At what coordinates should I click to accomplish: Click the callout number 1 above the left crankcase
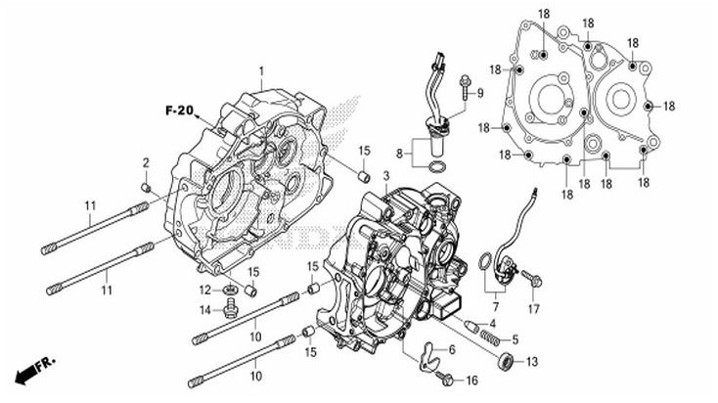coord(261,70)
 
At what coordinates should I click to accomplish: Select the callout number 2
coord(146,162)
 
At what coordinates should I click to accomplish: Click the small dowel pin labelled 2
coord(146,186)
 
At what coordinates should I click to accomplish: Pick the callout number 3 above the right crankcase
coord(359,176)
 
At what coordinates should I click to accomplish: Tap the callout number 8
coord(399,154)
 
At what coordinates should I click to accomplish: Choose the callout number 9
coord(480,94)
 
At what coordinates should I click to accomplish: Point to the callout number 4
coord(493,323)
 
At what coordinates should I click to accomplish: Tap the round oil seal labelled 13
coord(506,363)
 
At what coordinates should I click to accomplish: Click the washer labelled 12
coord(229,289)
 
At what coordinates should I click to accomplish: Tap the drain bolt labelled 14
coord(231,310)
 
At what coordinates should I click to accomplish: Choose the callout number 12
coord(205,290)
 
